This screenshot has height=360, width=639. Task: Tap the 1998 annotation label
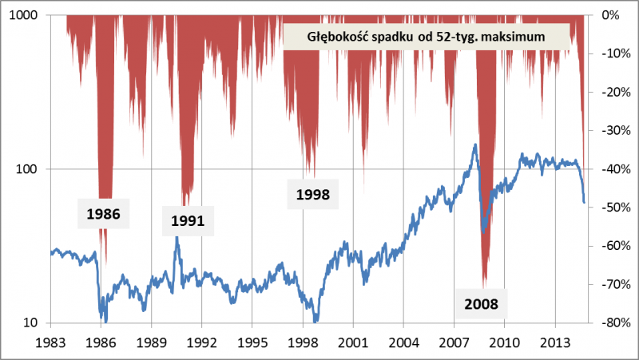tap(312, 193)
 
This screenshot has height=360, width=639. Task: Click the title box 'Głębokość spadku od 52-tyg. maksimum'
tap(426, 36)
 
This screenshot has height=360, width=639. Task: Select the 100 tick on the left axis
tap(31, 169)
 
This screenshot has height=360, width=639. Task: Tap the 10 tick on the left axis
tap(34, 323)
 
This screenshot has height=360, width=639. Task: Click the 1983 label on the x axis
tap(50, 342)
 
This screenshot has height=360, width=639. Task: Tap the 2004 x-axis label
tap(403, 342)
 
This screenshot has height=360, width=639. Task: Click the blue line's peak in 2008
tap(475, 144)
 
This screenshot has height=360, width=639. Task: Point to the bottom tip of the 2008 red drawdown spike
tap(484, 287)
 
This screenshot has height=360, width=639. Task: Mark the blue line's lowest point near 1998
tap(317, 321)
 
